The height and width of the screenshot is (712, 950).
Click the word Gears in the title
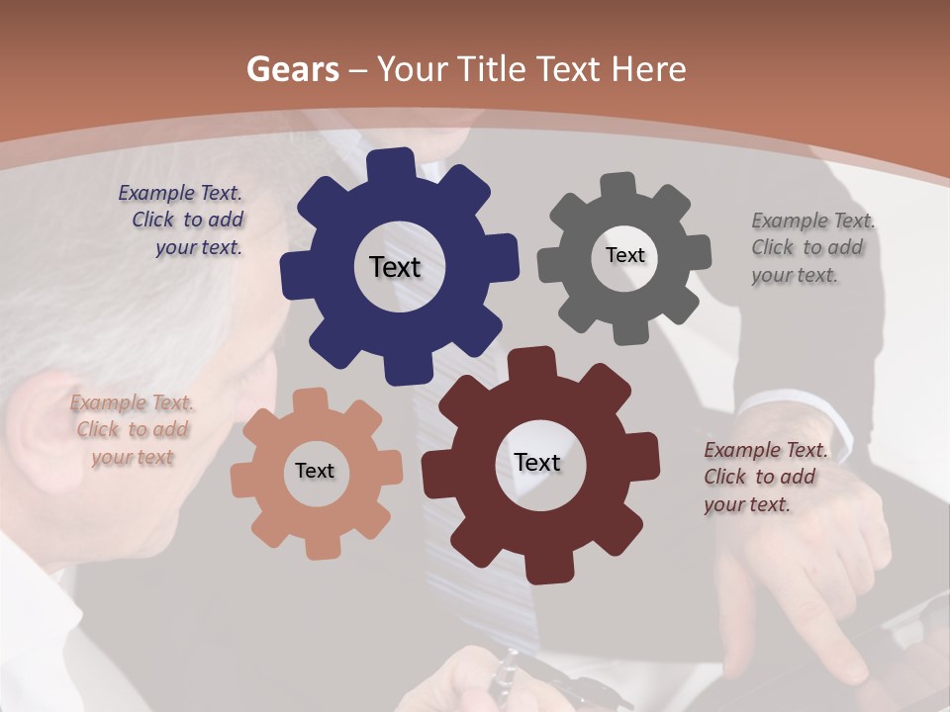point(292,70)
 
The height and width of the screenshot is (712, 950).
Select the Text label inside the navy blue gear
point(395,267)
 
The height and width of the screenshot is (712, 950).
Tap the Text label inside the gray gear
point(624,255)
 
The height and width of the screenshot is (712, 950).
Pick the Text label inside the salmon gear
point(315,472)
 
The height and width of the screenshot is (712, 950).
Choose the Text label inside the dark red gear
point(537,463)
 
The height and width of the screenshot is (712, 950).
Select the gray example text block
point(811,248)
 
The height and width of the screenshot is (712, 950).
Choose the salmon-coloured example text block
point(132,430)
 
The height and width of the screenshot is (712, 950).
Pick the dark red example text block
point(764,478)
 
